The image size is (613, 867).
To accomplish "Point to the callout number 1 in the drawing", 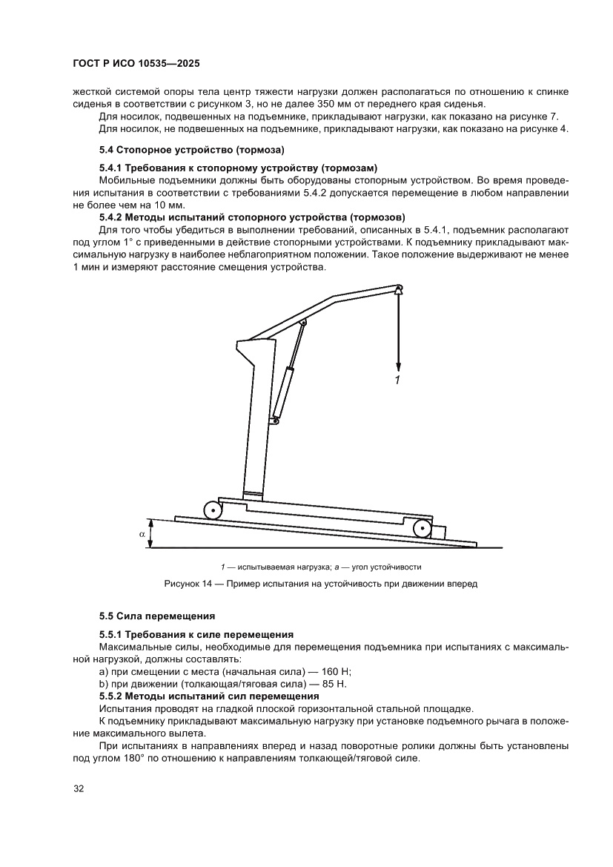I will pos(398,380).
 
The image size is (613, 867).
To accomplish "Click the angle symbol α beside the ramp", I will pos(142,533).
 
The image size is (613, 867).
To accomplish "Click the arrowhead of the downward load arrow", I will pos(398,366).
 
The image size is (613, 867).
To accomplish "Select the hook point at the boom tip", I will pos(398,289).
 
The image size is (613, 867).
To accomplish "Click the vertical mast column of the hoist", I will pos(254,423).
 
